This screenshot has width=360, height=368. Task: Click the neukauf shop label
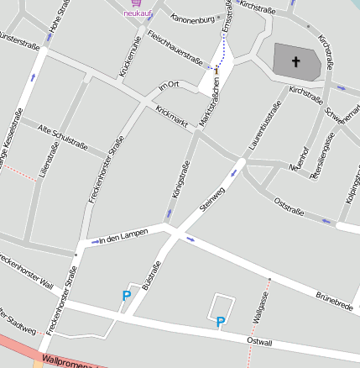click(x=137, y=14)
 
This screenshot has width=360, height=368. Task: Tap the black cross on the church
click(x=295, y=61)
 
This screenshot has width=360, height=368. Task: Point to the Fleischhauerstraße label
click(x=175, y=47)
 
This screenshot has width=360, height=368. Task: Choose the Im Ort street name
click(x=169, y=87)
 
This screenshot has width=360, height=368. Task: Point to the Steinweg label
click(x=214, y=199)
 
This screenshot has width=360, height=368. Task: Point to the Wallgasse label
click(x=262, y=308)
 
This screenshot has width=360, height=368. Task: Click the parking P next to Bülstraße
click(x=127, y=295)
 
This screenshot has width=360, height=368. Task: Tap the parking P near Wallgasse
click(x=221, y=321)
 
